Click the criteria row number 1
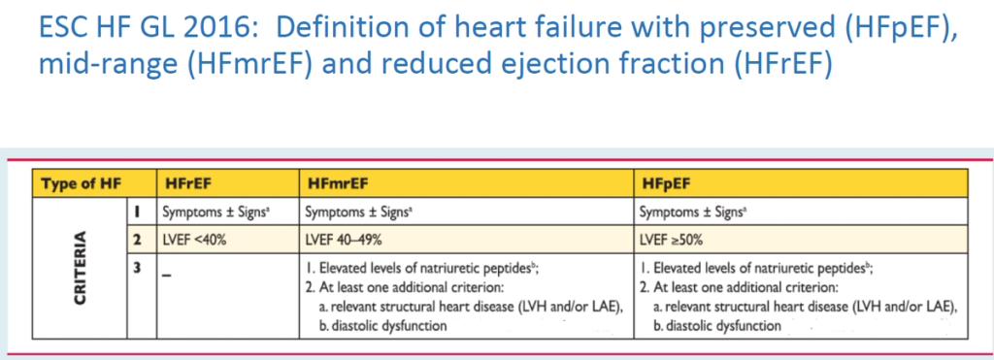[138, 212]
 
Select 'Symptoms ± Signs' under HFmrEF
[351, 212]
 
